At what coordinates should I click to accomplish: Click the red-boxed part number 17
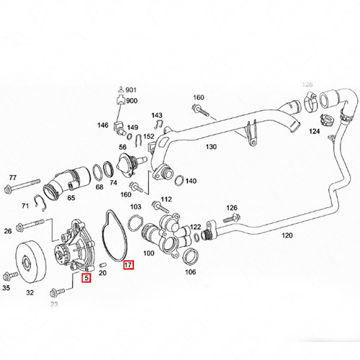pos(128,265)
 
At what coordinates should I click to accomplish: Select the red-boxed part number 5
pos(86,278)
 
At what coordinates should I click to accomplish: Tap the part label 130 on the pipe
pos(211,146)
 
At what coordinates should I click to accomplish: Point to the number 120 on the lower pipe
pos(287,235)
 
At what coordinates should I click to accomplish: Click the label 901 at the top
pos(131,90)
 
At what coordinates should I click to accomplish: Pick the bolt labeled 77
pos(22,184)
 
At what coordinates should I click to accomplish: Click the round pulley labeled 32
pos(31,263)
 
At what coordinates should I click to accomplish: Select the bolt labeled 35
pos(10,276)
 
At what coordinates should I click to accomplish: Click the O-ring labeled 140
pos(179,180)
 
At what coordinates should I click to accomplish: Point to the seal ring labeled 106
pos(190,256)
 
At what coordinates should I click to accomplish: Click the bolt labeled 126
pos(231,218)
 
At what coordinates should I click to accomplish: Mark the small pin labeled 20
pos(102,264)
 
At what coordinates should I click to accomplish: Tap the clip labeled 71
pos(40,203)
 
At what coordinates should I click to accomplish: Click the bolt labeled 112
pos(161,207)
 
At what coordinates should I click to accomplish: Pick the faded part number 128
pos(307,84)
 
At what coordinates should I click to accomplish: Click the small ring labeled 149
pos(129,136)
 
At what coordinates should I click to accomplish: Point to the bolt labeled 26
pos(30,224)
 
